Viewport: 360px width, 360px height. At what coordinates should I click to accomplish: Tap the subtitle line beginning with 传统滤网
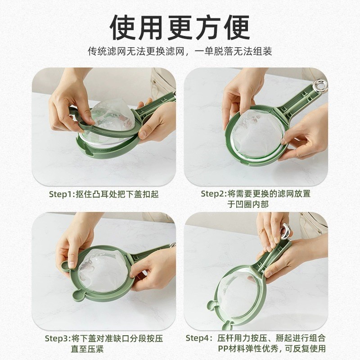[180, 51]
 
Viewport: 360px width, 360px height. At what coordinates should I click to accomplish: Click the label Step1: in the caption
[63, 194]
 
